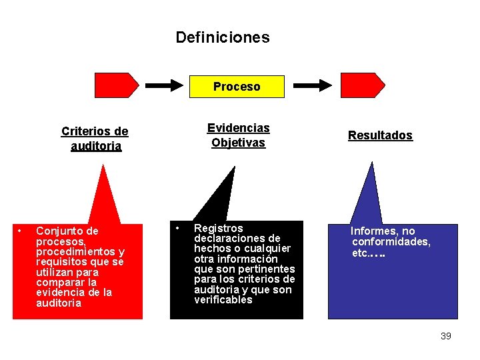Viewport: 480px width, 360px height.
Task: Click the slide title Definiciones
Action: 223,37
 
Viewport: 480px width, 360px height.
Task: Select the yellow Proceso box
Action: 237,87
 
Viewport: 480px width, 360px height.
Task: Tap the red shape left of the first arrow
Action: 116,85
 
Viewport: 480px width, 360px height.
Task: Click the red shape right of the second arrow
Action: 362,85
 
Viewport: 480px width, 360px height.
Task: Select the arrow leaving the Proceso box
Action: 313,85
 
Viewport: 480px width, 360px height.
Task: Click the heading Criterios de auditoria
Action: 95,139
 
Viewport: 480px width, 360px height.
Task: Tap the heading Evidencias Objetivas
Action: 238,135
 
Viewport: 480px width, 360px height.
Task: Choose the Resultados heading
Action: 380,135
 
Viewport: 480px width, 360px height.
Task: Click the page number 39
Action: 446,336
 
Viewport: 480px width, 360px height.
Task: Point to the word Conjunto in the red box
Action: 57,231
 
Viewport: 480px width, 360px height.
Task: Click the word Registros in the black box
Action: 218,229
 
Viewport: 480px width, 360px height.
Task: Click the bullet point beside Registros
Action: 177,228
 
